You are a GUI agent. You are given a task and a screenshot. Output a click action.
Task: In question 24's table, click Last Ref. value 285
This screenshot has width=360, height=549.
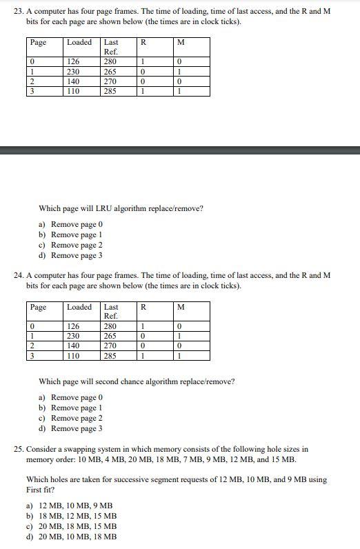click(110, 356)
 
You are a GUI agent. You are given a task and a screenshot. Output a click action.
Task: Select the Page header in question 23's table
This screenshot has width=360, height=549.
click(39, 43)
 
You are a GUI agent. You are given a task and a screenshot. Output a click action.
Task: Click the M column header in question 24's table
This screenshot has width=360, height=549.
click(181, 307)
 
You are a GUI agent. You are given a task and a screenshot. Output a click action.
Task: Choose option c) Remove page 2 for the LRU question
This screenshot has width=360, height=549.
click(77, 245)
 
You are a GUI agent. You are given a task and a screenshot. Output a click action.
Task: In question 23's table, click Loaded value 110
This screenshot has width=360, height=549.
click(72, 90)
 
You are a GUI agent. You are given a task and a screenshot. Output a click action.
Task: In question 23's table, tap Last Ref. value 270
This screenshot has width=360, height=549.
click(110, 80)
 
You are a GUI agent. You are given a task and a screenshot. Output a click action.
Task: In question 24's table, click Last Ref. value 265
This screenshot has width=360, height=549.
click(110, 336)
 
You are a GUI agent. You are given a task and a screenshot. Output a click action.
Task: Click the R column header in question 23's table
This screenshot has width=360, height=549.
click(143, 43)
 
